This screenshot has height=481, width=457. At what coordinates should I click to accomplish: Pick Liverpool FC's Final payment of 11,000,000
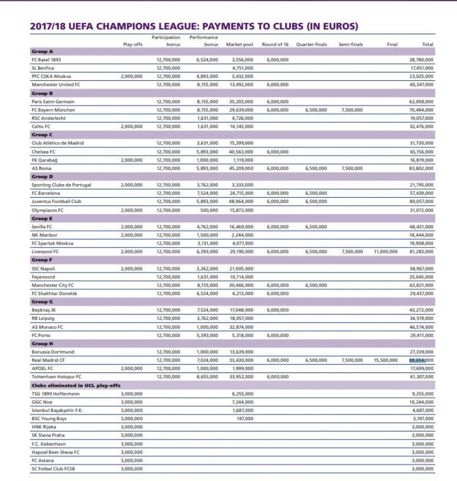pos(385,252)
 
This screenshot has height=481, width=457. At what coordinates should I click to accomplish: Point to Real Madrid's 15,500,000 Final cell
pos(385,360)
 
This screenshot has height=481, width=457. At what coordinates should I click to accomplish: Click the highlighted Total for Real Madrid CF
pos(422,360)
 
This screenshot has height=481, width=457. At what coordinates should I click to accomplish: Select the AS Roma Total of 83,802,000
pos(422,169)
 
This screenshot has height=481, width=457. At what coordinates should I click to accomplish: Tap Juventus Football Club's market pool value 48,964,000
pos(241,202)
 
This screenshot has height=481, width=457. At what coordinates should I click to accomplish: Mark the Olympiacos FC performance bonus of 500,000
pos(209,210)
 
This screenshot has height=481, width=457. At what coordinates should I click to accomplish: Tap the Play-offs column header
pos(133,44)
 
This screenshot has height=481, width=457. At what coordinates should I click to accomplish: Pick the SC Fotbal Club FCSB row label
pos(55,469)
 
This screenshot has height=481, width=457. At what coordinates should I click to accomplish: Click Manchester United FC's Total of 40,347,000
pos(422,85)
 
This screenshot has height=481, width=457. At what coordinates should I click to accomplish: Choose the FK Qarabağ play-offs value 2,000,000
pos(132,160)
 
